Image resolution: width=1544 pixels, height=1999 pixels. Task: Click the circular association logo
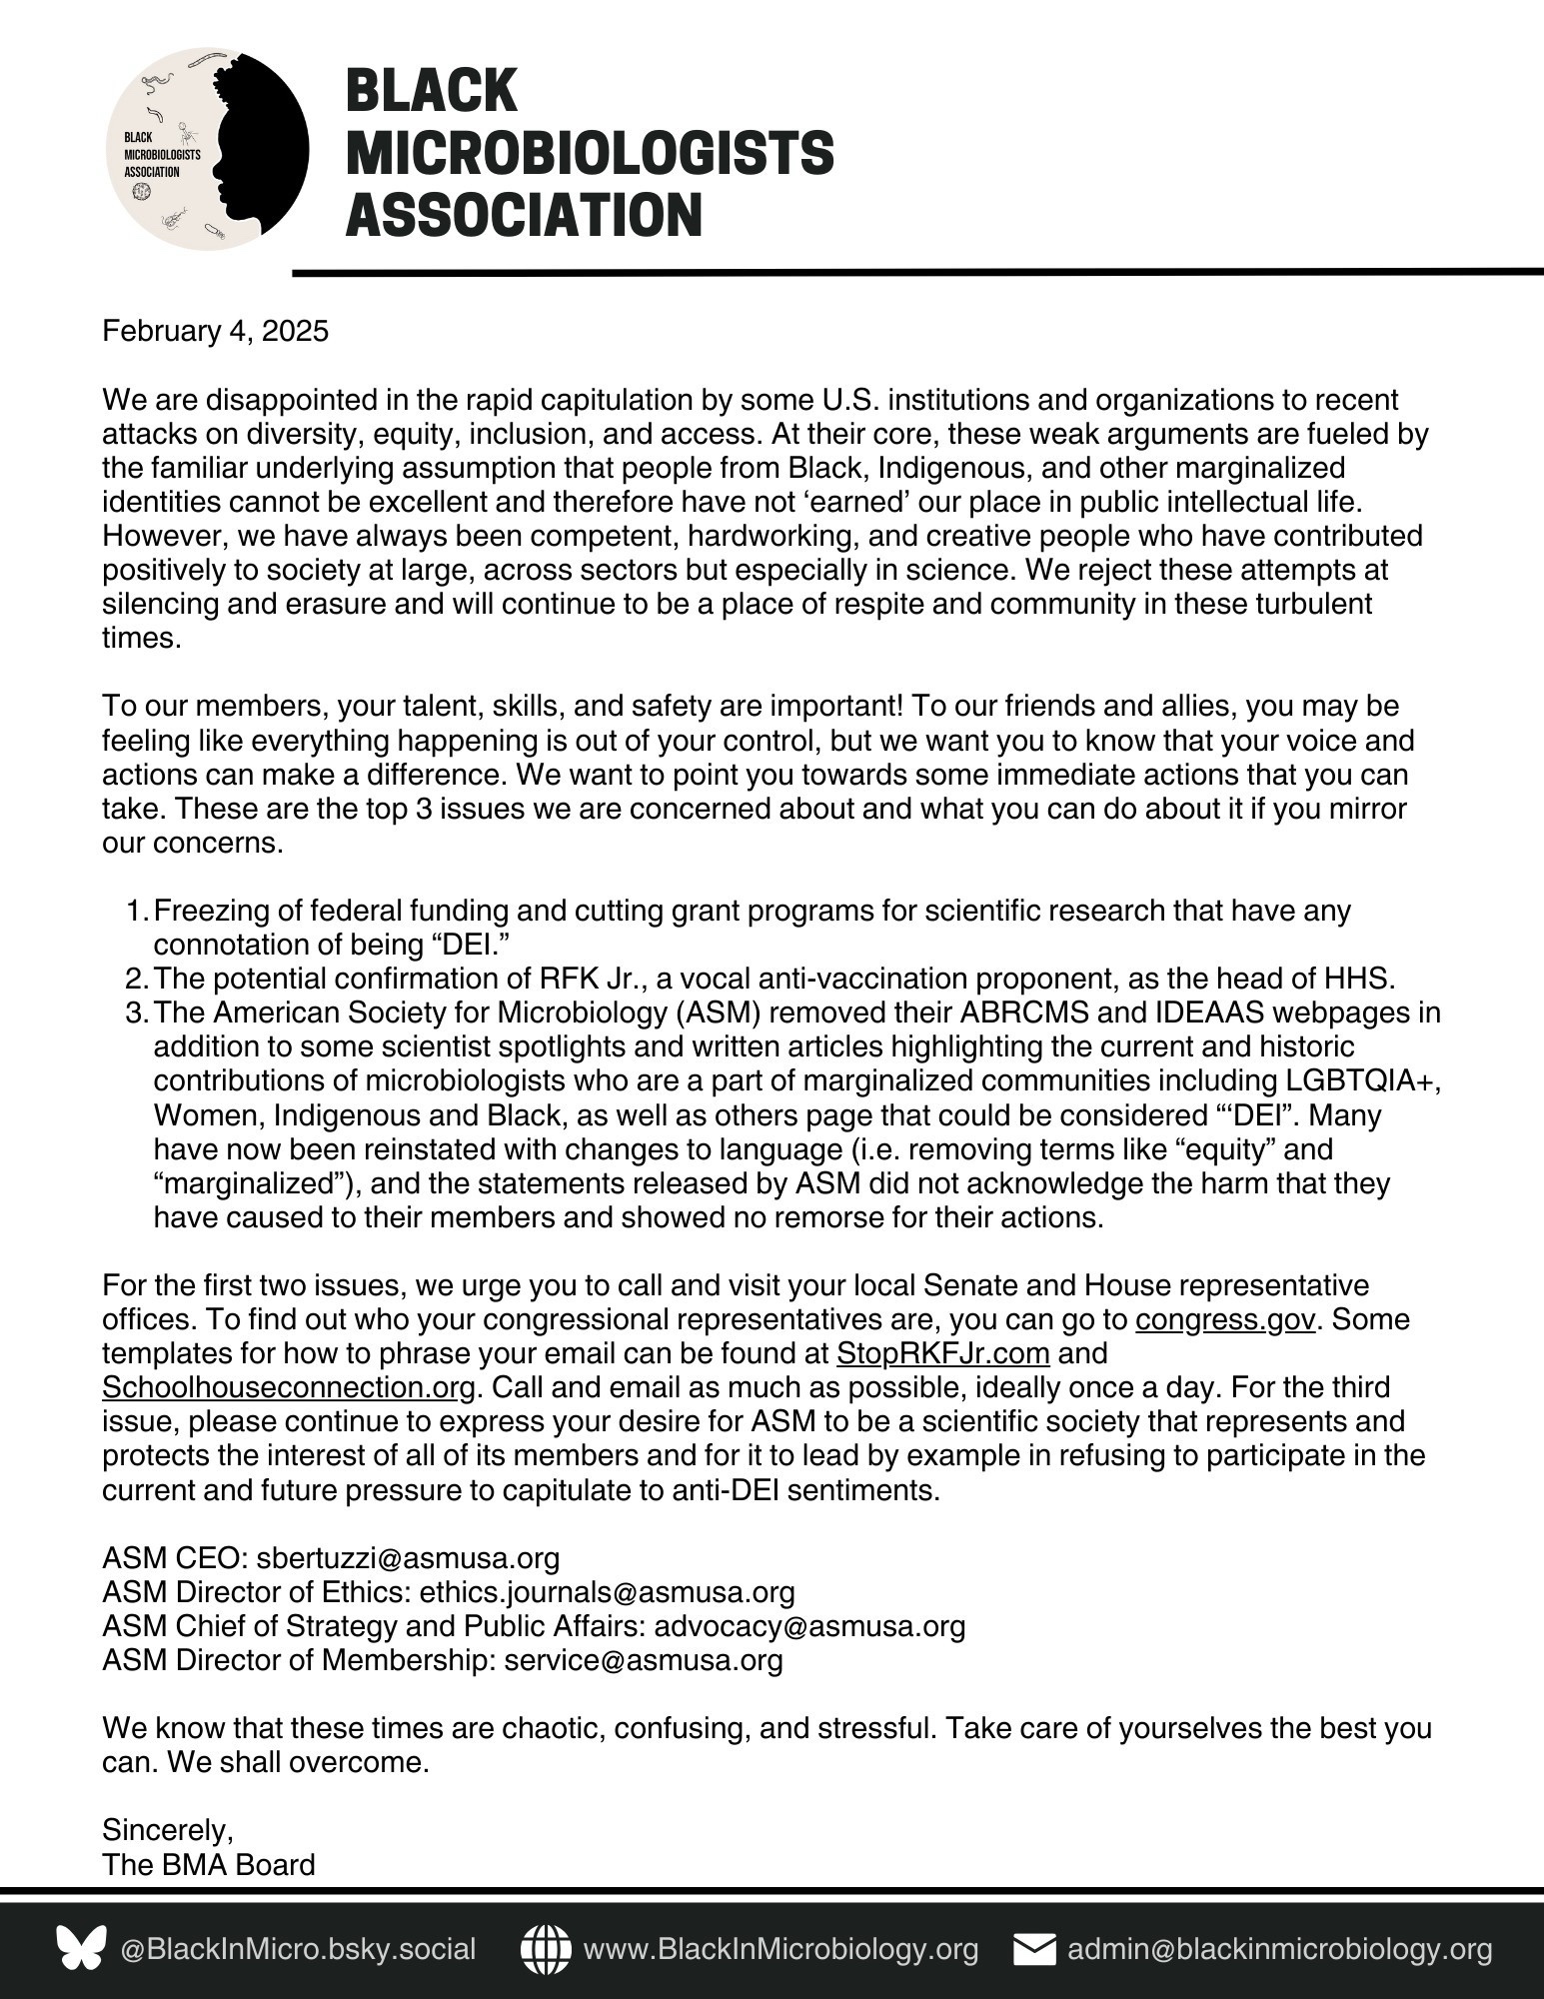click(x=207, y=149)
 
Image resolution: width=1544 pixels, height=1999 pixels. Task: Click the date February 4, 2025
click(x=215, y=331)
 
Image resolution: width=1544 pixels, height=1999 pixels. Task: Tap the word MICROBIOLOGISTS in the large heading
click(x=590, y=153)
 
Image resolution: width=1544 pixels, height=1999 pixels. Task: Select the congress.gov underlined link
click(x=1224, y=1319)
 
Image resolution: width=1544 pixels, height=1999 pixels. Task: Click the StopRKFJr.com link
click(x=942, y=1353)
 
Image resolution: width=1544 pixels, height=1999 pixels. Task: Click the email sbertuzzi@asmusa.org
click(x=401, y=1557)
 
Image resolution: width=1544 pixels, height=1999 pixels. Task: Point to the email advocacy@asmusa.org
click(x=809, y=1626)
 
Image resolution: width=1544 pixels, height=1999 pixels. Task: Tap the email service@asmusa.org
click(x=644, y=1660)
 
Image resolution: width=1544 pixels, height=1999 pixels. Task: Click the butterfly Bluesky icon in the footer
click(x=81, y=1949)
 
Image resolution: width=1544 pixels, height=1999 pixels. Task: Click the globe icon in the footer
click(x=546, y=1949)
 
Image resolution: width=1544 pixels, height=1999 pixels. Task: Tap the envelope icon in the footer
click(x=1034, y=1949)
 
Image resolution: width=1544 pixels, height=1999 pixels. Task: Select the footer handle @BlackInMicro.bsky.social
click(x=298, y=1949)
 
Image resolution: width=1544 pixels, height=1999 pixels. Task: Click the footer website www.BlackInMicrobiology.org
click(x=780, y=1949)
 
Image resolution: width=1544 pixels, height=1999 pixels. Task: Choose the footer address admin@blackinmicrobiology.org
click(x=1280, y=1949)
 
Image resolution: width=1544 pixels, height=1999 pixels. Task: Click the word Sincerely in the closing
click(x=167, y=1830)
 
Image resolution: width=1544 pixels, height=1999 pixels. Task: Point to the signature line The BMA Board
click(x=208, y=1864)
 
